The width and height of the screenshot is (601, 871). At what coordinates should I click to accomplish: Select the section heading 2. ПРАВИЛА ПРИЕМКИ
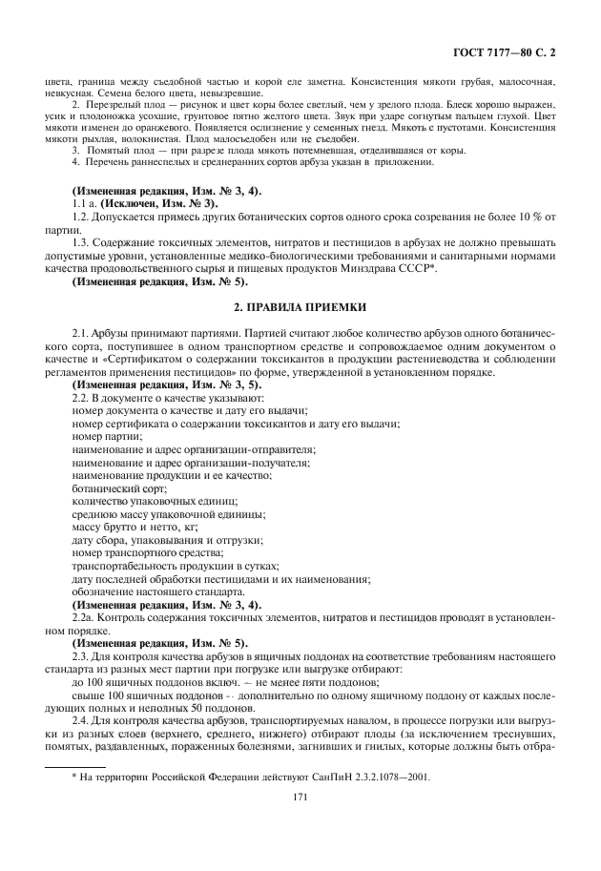300,307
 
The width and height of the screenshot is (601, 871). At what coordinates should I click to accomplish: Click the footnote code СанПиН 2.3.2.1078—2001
375,777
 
